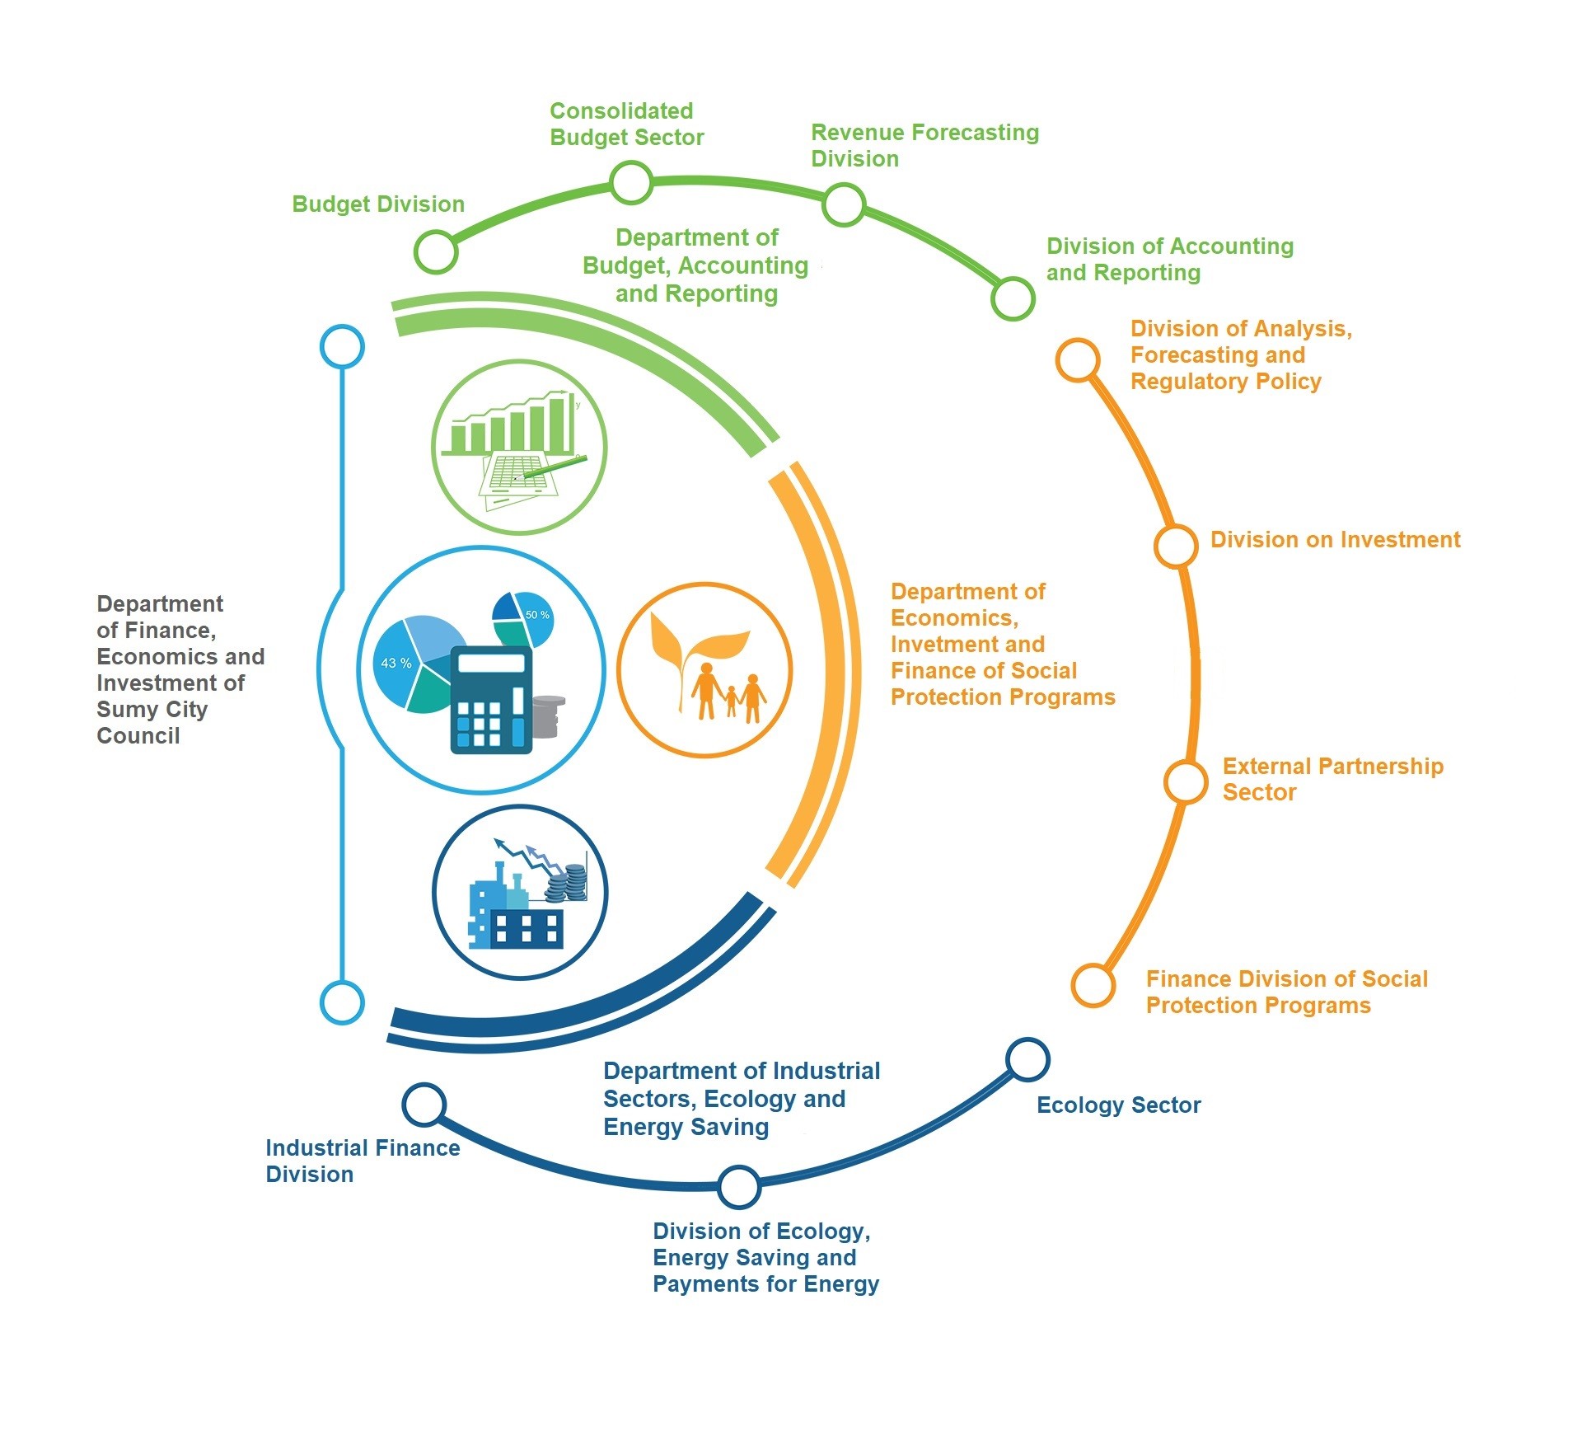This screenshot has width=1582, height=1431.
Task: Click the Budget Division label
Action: tap(378, 204)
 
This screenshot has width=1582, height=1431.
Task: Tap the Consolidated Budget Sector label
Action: tap(626, 124)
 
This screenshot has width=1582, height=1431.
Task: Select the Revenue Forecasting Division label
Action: tap(924, 146)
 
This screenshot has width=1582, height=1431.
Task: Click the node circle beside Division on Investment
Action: tap(1175, 546)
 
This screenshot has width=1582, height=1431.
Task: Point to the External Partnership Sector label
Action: tap(1332, 779)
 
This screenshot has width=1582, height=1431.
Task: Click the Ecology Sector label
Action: tap(1118, 1105)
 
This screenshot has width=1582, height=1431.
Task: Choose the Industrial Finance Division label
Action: tap(363, 1161)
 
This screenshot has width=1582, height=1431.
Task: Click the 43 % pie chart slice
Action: tap(395, 664)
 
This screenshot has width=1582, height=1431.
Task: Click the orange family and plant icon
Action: tap(704, 670)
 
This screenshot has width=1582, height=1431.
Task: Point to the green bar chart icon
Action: tap(519, 447)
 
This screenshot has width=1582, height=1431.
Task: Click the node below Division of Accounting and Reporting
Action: tap(1012, 298)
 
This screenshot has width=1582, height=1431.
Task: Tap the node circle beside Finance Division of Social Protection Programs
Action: tap(1093, 984)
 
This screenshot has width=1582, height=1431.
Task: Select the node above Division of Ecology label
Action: tap(738, 1186)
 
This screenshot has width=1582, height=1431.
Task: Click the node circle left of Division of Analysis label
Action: tap(1078, 360)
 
